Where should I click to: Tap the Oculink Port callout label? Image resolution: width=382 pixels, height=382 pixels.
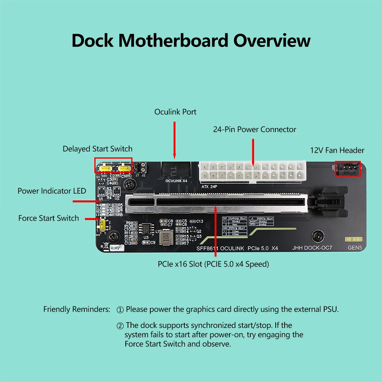(175, 112)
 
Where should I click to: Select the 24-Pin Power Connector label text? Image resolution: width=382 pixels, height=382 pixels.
(254, 129)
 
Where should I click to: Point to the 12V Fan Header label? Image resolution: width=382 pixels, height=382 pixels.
(337, 150)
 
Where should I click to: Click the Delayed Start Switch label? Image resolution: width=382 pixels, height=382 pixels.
(97, 149)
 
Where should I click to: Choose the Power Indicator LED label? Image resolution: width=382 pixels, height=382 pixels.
(52, 191)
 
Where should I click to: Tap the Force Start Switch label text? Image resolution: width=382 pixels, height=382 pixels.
(48, 218)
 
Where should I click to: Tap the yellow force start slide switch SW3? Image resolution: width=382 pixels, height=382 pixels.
(102, 225)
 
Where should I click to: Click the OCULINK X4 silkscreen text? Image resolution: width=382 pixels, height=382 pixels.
(176, 181)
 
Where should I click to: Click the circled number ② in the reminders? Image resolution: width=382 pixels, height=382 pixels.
(120, 326)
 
